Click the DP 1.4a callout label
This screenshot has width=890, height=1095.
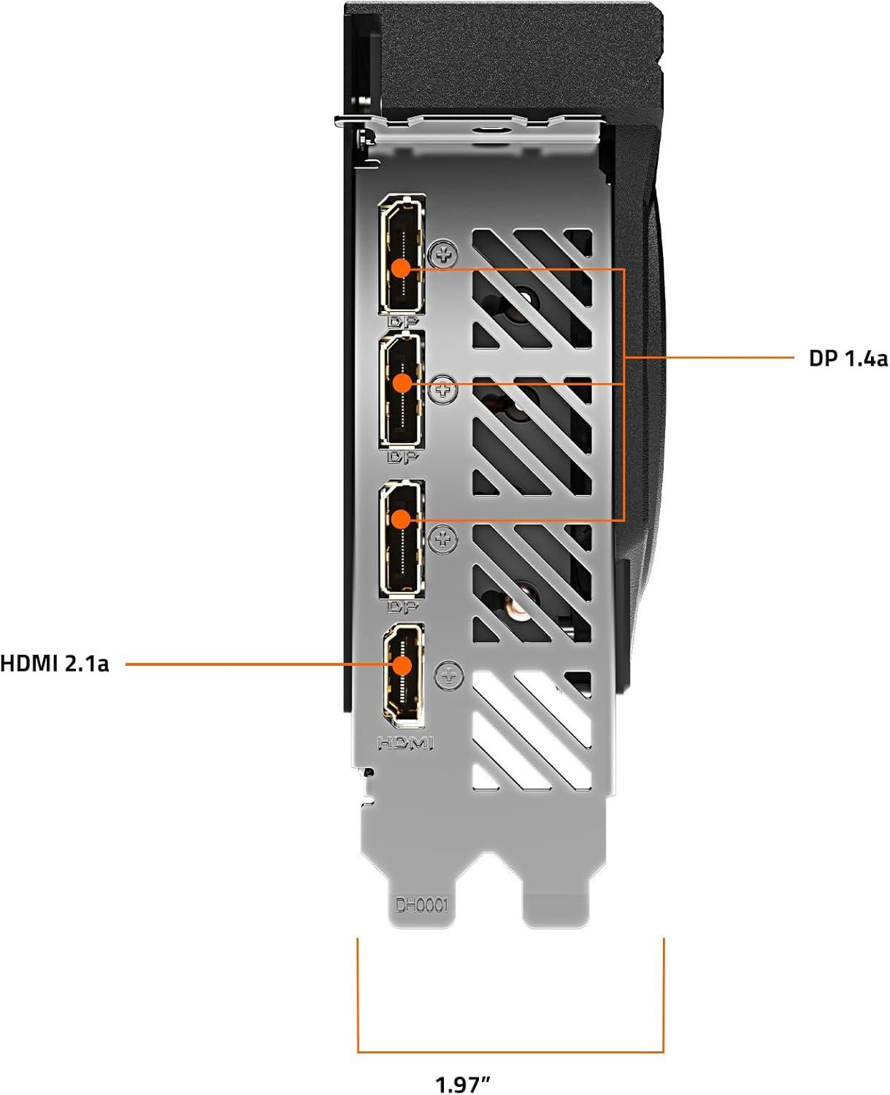pos(848,358)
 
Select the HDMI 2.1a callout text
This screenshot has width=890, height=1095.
pos(55,664)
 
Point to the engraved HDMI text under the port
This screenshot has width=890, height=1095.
pos(404,743)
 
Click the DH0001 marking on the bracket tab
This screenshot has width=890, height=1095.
pos(421,907)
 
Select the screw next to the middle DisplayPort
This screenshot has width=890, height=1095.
pos(442,391)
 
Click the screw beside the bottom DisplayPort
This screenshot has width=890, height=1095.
pos(443,540)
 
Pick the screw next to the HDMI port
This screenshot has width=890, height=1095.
pos(448,675)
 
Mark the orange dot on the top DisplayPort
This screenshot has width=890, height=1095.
pos(401,268)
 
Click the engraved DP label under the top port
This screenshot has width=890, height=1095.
pos(401,321)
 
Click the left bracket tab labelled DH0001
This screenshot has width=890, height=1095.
pos(421,891)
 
